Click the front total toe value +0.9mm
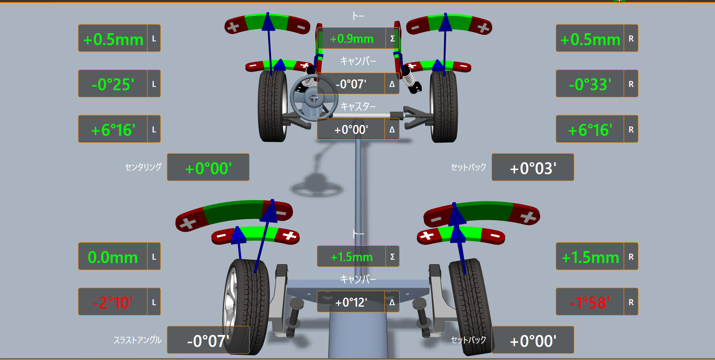pyautogui.click(x=352, y=39)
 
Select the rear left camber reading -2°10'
pyautogui.click(x=113, y=303)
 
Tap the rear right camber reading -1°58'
pyautogui.click(x=590, y=303)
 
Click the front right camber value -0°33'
pyautogui.click(x=590, y=84)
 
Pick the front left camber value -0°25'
pyautogui.click(x=113, y=84)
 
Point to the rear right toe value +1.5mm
pyautogui.click(x=590, y=257)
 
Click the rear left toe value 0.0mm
pyautogui.click(x=113, y=257)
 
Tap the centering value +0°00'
pyautogui.click(x=208, y=169)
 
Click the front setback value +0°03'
pyautogui.click(x=533, y=169)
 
